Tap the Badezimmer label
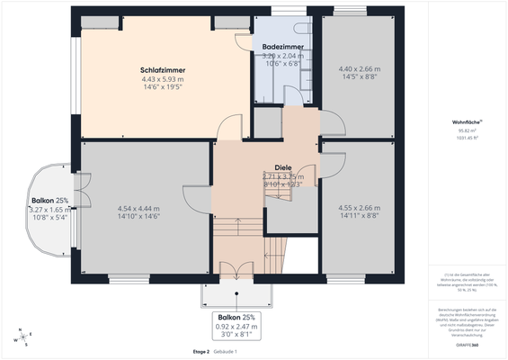pos(282,46)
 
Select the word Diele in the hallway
pos(283,167)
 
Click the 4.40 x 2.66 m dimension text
pos(359,69)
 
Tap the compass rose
pos(22,339)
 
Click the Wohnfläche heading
pos(466,121)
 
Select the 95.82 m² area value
pos(466,130)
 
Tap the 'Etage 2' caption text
pos(201,351)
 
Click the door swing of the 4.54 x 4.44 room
pos(195,198)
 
